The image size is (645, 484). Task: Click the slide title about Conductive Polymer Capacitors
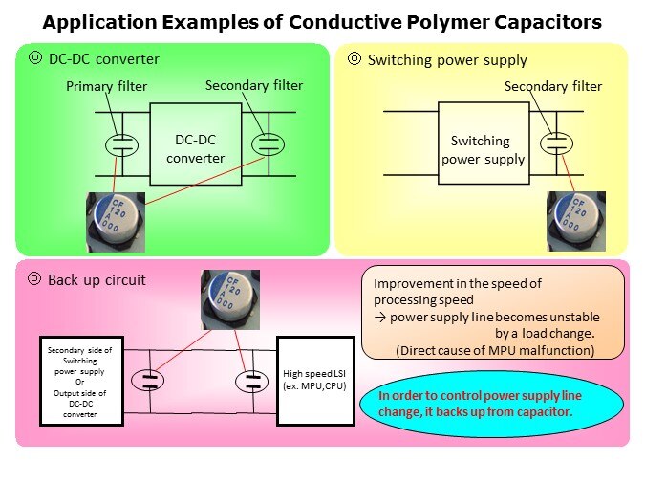click(323, 21)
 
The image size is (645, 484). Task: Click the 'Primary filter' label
click(106, 86)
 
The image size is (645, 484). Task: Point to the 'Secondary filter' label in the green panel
click(253, 85)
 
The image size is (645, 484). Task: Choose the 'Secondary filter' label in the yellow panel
click(553, 86)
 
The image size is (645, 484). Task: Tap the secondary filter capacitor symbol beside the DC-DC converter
click(269, 143)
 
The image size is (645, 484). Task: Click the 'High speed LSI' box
click(314, 381)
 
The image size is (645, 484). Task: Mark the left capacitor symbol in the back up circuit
click(150, 381)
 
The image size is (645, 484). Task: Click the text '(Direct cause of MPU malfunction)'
click(494, 350)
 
